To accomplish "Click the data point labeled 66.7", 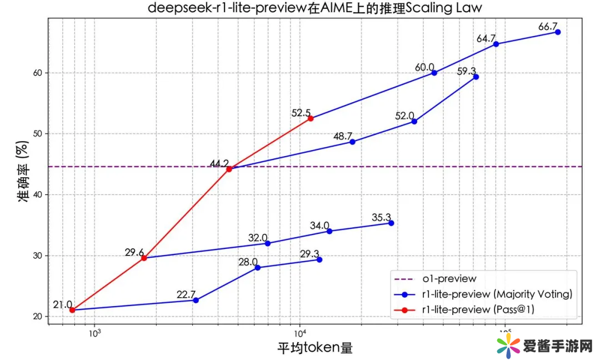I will [x=558, y=32].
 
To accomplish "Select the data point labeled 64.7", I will [x=496, y=44].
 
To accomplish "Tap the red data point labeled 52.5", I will [x=311, y=118].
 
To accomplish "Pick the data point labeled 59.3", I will [x=476, y=77].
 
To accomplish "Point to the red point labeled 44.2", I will [x=229, y=169].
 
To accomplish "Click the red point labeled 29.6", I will [x=144, y=258].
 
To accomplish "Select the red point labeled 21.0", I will [x=72, y=310].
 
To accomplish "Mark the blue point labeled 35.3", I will [x=391, y=223].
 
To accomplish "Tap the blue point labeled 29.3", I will [x=319, y=259].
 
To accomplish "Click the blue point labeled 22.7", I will [x=196, y=300].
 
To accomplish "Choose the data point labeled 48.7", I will [x=352, y=142].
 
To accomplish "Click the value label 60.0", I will [x=424, y=67].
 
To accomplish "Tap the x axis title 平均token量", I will [x=315, y=348].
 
